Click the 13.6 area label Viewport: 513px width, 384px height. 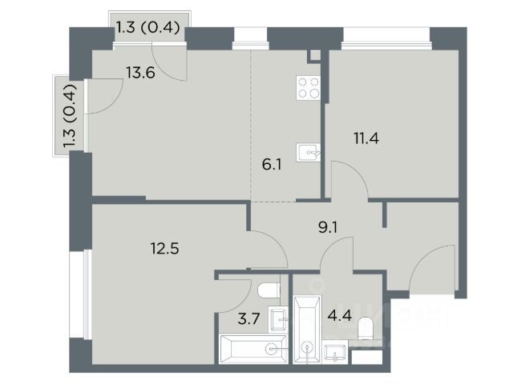click(x=141, y=73)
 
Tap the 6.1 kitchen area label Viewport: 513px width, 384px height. click(x=272, y=165)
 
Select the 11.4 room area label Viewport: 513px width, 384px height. click(x=366, y=138)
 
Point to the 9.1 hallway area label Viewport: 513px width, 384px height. click(x=328, y=227)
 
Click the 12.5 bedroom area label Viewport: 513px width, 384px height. click(x=164, y=249)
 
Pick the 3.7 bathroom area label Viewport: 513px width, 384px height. click(x=248, y=318)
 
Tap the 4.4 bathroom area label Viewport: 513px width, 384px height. click(x=340, y=315)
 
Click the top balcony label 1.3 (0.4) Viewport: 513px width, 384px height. click(x=148, y=27)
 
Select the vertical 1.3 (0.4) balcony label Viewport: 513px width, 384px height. click(x=70, y=116)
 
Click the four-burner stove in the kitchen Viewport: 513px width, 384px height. click(x=308, y=87)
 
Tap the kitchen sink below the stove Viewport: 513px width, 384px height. click(x=308, y=153)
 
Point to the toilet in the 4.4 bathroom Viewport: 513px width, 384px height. click(x=366, y=328)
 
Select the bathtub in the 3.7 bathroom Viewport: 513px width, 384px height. click(x=253, y=349)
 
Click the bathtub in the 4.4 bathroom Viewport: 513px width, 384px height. click(x=307, y=329)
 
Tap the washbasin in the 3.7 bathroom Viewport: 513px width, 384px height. click(x=278, y=320)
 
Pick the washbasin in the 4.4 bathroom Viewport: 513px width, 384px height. click(x=334, y=352)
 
